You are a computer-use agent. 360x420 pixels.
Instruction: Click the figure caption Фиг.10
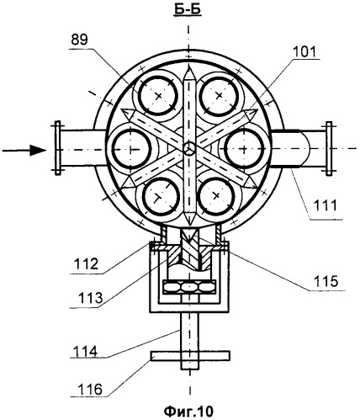188,412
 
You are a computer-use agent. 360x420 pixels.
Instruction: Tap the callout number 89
79,40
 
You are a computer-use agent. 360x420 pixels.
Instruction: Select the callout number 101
304,51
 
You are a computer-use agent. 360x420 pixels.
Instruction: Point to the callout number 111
325,205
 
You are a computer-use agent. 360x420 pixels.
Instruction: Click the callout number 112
86,263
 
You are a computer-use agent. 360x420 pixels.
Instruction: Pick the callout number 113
91,298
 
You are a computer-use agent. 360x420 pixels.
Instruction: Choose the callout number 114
85,351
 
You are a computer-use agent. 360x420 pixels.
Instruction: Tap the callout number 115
326,281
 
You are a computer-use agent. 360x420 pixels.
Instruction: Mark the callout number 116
90,390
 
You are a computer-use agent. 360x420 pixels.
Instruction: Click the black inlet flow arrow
24,150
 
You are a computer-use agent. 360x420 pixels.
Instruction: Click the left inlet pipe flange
57,148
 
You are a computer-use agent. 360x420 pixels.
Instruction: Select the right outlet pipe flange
329,148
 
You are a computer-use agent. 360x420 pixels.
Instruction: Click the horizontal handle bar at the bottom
190,355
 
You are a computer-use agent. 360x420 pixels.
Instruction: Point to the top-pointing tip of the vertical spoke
188,66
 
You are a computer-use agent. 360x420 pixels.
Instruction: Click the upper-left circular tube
158,96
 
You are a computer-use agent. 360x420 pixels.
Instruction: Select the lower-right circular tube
216,195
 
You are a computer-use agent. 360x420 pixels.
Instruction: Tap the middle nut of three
190,287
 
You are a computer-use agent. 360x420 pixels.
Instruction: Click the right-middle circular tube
244,148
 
